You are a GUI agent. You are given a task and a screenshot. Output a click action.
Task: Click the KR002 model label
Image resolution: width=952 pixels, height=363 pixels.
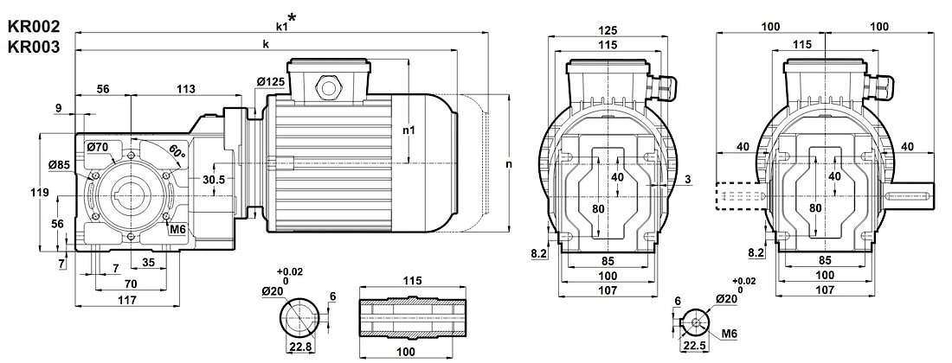coord(33,29)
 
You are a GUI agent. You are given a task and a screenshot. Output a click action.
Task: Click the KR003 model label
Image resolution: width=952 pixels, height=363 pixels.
coord(33,48)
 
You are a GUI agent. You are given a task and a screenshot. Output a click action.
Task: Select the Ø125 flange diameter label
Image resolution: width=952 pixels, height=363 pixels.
coord(271,81)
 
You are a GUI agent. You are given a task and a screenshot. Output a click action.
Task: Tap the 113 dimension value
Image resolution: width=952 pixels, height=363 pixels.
coord(185,89)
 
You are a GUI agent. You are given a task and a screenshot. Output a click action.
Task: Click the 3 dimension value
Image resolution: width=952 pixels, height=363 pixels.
coord(686,179)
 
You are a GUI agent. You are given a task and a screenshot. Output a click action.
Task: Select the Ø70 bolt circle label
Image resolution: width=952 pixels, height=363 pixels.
coord(97,148)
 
